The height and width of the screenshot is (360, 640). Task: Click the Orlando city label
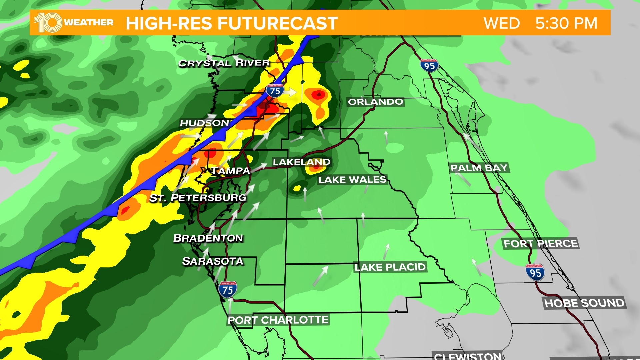click(x=376, y=102)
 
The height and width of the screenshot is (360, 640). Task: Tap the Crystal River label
click(x=224, y=63)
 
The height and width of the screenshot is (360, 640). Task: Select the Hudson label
click(x=204, y=123)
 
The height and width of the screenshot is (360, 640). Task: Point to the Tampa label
click(x=231, y=171)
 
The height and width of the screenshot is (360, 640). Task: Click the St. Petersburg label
click(x=198, y=198)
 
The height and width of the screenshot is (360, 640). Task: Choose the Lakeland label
click(x=302, y=162)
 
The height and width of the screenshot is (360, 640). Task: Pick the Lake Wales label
click(x=352, y=180)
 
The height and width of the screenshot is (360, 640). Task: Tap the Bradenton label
click(x=208, y=238)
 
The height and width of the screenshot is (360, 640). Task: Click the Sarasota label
click(x=213, y=261)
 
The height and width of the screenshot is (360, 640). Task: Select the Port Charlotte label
click(x=278, y=320)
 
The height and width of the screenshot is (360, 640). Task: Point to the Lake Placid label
click(x=390, y=267)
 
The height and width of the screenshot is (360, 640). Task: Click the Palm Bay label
click(x=479, y=168)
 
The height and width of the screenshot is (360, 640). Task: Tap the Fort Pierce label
click(x=541, y=244)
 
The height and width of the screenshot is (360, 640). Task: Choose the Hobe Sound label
click(x=584, y=303)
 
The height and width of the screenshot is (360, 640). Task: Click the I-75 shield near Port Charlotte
click(x=228, y=290)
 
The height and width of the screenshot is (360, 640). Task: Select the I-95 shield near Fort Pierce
click(x=535, y=272)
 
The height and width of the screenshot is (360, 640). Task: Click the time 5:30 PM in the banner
click(x=566, y=23)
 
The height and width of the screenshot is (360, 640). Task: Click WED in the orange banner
click(x=502, y=23)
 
